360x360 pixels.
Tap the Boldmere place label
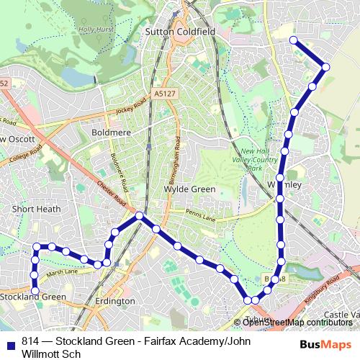pos(111,132)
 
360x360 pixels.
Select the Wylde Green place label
pos(189,189)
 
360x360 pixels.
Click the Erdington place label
pos(115,301)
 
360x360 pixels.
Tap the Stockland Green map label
pos(32,297)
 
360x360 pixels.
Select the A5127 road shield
pos(164,93)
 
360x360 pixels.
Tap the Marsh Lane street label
pos(62,272)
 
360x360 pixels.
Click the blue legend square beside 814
pos(10,343)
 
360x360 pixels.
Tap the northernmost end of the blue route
pos(293,40)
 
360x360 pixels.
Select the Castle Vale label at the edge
pos(341,315)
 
